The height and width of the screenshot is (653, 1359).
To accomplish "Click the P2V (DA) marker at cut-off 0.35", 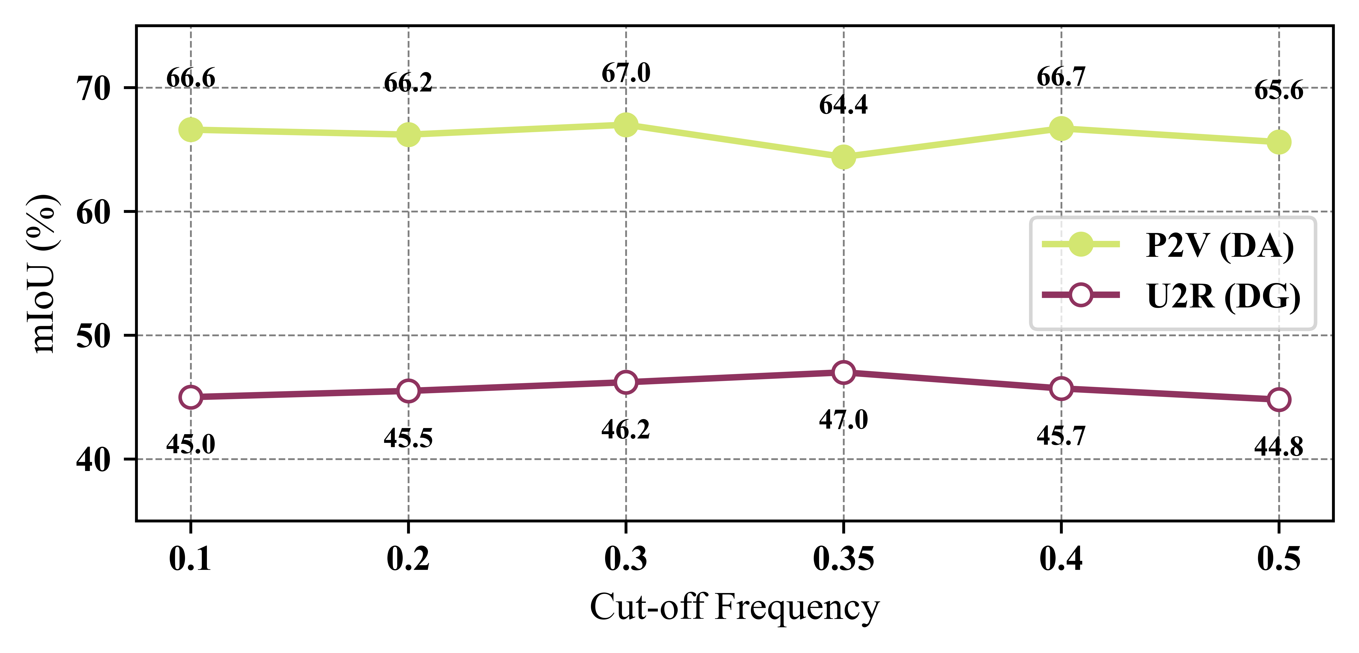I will coord(844,157).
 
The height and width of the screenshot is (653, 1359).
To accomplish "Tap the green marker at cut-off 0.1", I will coord(190,130).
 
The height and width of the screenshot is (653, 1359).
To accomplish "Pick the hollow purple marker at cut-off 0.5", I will coord(1279,400).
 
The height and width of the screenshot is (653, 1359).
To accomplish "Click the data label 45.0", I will coord(190,445).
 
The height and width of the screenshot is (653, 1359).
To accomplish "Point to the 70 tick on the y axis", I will coord(94,88).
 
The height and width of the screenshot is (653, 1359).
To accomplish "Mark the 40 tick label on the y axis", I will coord(94,459).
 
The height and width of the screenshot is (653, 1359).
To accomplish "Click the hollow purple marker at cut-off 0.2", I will coord(408,391).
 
